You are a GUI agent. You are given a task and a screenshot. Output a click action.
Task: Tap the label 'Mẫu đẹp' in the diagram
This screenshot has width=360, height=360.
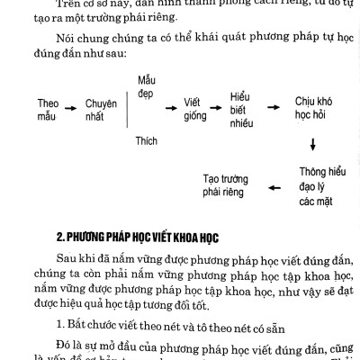click(x=147, y=87)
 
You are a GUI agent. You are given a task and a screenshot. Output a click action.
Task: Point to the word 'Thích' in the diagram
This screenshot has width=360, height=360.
click(x=146, y=140)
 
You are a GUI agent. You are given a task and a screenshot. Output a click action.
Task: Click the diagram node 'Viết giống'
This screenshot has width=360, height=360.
click(x=195, y=110)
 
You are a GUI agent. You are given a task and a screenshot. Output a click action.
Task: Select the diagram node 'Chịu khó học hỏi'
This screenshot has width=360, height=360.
click(x=312, y=110)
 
